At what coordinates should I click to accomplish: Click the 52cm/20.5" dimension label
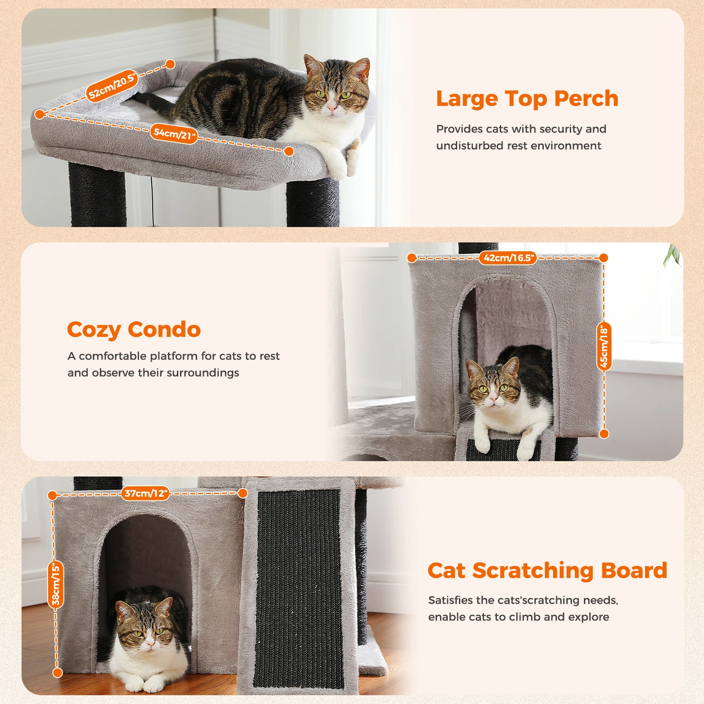pyautogui.click(x=112, y=86)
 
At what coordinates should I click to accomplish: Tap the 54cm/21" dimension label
pyautogui.click(x=174, y=133)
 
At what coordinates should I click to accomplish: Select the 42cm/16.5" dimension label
pyautogui.click(x=508, y=258)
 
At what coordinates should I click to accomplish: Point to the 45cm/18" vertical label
pyautogui.click(x=604, y=346)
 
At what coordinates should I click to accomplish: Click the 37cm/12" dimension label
pyautogui.click(x=146, y=493)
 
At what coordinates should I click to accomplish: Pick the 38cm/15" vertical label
pyautogui.click(x=55, y=584)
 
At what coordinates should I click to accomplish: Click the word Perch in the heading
pyautogui.click(x=586, y=99)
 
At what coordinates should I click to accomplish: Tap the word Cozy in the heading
pyautogui.click(x=94, y=330)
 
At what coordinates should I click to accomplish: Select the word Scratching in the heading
pyautogui.click(x=533, y=572)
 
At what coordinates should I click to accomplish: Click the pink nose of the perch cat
pyautogui.click(x=332, y=106)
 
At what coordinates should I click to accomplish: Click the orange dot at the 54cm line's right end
pyautogui.click(x=289, y=151)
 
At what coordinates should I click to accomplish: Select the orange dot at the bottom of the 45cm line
pyautogui.click(x=605, y=434)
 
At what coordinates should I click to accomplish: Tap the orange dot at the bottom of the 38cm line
pyautogui.click(x=58, y=673)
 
